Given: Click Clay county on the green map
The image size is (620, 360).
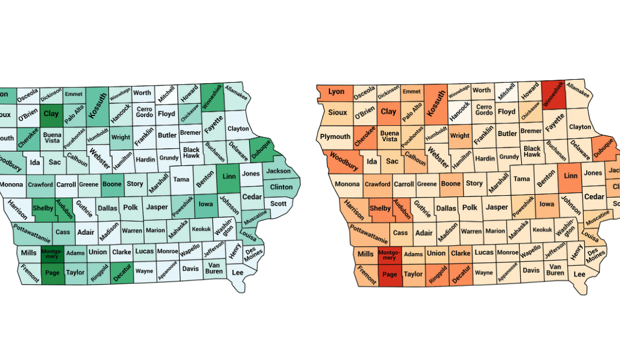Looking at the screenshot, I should [52, 114].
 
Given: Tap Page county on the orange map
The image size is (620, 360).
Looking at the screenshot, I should [390, 274].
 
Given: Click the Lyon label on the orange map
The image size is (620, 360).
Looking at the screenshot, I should [336, 92].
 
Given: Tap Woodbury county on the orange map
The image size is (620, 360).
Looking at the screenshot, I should [344, 161].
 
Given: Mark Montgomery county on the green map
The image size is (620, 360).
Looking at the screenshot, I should [51, 253].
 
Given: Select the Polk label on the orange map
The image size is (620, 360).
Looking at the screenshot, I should [470, 208].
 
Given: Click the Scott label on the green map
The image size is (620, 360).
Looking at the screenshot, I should [278, 203].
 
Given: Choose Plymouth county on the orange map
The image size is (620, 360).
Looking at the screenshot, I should [335, 137].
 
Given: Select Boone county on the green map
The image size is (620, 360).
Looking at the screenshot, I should [112, 184].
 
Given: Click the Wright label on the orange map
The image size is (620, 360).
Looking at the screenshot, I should [460, 136].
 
